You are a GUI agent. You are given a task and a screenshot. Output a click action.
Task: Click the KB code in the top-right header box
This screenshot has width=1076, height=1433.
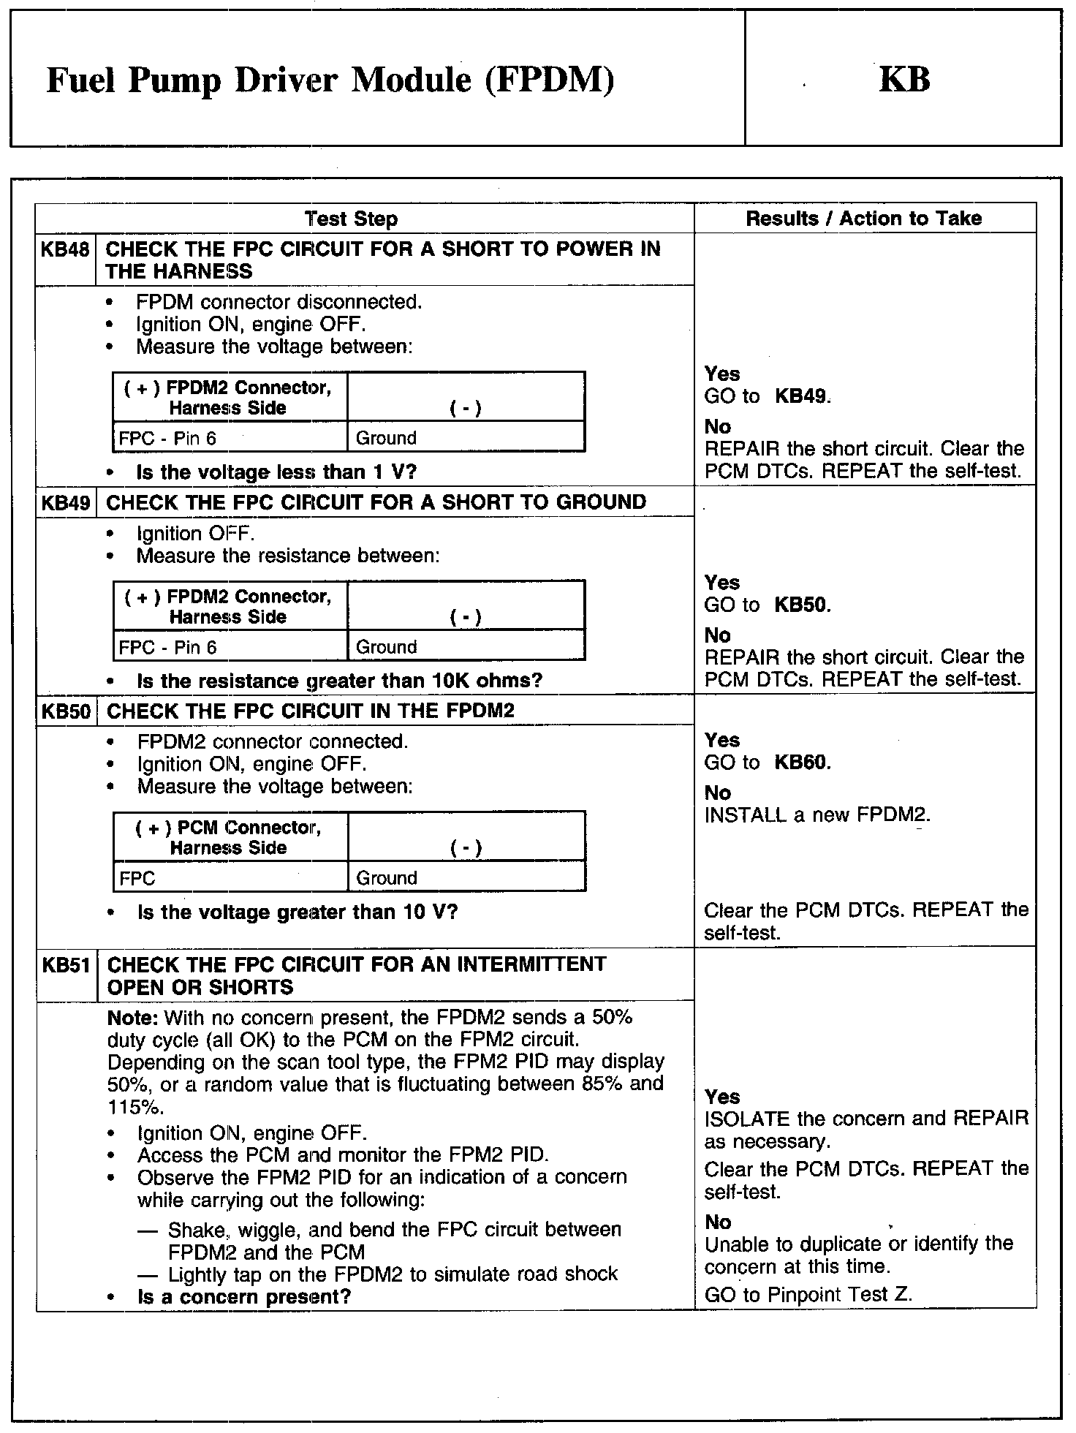coord(904,80)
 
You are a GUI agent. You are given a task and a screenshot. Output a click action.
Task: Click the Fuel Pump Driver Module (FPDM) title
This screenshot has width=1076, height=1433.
coord(330,80)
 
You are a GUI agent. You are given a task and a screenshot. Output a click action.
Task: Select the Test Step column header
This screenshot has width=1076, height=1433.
coord(351,219)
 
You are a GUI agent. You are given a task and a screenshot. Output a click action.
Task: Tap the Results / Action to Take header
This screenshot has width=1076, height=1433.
coord(863,218)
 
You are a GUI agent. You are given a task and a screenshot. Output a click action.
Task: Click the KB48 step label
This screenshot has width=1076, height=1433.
coord(65,250)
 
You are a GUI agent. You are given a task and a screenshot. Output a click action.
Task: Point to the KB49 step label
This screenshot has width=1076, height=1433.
coord(66,503)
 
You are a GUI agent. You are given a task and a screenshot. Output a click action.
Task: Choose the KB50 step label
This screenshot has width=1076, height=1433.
coord(66,711)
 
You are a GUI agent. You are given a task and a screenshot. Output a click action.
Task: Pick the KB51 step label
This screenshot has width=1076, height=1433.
coord(66,965)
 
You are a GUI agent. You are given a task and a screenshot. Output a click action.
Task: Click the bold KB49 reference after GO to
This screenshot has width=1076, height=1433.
coord(802,397)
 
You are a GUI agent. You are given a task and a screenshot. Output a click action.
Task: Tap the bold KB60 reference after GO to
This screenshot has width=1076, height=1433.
coord(802,763)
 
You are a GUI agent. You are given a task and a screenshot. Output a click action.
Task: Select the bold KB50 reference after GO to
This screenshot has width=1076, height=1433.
coord(802,605)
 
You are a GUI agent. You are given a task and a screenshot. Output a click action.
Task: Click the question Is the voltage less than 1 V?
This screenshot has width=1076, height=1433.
coord(276,472)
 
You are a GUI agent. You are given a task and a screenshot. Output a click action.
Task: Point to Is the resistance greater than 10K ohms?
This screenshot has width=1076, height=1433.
coord(340,681)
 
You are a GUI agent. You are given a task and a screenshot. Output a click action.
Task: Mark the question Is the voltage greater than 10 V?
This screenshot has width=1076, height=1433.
coord(298,912)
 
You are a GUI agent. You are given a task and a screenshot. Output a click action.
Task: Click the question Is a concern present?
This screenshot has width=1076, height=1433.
coord(244,1298)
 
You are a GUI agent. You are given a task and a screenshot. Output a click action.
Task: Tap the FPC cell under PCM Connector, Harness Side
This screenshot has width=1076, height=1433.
coord(137,878)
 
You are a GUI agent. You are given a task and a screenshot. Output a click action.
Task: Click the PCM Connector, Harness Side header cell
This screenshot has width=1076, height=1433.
coord(228,838)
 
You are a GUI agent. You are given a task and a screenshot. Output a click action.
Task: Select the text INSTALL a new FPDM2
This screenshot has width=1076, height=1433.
coord(817,815)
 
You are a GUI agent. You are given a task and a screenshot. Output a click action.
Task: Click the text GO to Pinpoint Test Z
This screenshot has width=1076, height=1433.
coord(808,1296)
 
